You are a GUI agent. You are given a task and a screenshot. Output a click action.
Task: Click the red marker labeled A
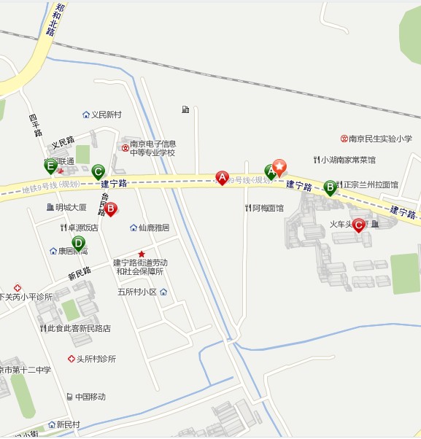[x=222, y=177]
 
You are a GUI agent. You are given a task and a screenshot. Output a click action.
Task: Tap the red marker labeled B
[x=111, y=209]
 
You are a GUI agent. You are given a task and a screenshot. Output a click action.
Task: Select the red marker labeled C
[x=358, y=225]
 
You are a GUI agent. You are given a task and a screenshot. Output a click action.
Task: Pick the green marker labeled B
[x=330, y=187]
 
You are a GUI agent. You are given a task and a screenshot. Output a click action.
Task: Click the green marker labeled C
[x=98, y=172]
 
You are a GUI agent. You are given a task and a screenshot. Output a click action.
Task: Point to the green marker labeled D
[x=78, y=243]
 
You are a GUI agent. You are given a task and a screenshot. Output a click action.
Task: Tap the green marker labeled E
[x=51, y=166]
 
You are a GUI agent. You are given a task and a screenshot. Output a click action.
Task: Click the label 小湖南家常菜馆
[x=348, y=160]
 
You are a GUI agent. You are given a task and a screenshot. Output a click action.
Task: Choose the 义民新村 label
[x=106, y=115]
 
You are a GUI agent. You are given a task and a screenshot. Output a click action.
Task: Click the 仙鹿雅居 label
[x=152, y=228]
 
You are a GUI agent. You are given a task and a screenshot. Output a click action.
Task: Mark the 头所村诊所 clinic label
[x=96, y=359]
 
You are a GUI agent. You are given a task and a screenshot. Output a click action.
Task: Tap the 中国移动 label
[x=90, y=397]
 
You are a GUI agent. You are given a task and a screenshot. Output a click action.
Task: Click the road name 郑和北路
[x=52, y=18]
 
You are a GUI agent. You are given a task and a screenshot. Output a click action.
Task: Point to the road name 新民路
[x=79, y=273]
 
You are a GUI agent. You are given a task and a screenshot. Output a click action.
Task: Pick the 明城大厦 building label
[x=70, y=207]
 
